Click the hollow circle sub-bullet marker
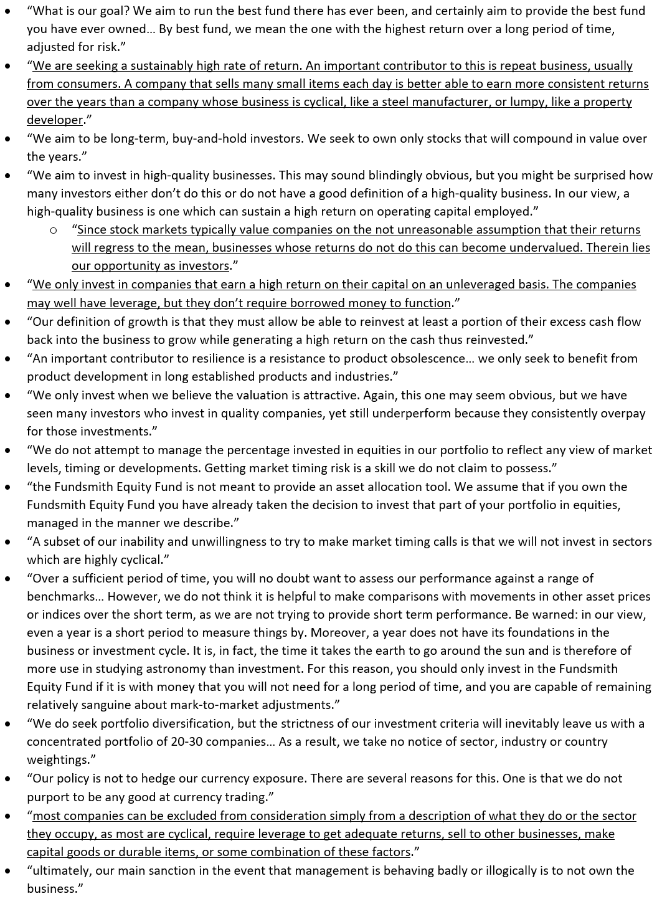point(54,231)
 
